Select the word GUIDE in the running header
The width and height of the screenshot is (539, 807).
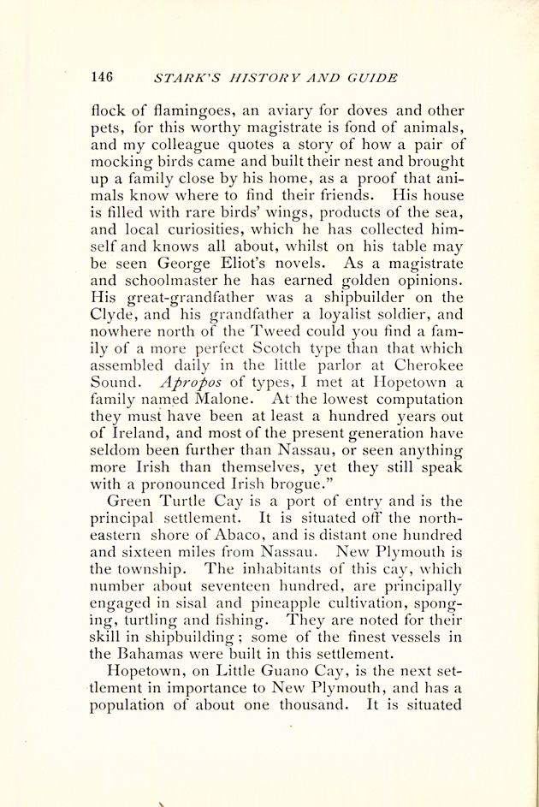373,78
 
